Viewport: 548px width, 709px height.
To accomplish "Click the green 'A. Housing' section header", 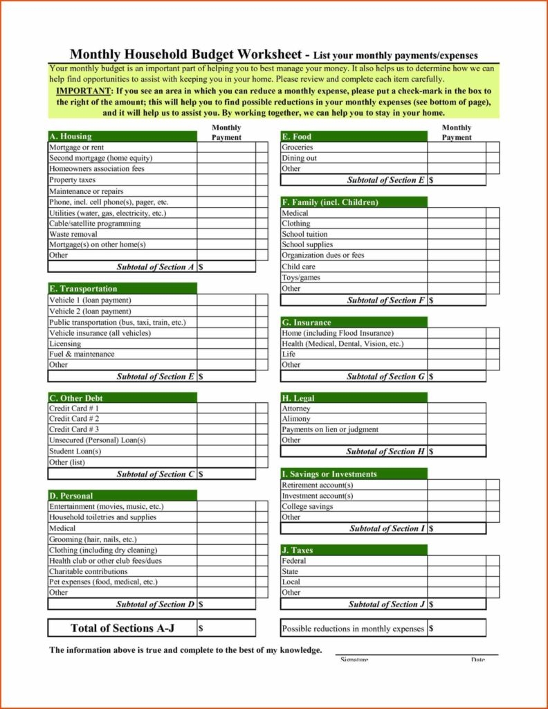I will click(x=122, y=136).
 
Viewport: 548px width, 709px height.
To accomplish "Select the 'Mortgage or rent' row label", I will click(x=76, y=147).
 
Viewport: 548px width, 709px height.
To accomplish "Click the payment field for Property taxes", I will click(x=226, y=180).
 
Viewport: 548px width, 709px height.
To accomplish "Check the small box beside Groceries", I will click(x=492, y=147).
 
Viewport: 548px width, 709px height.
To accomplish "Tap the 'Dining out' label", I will click(x=299, y=158).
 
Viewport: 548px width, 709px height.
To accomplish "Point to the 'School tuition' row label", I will click(x=304, y=234).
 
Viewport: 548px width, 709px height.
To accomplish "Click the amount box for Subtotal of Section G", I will click(x=457, y=377).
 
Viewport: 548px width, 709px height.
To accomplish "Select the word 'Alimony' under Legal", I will click(x=296, y=419).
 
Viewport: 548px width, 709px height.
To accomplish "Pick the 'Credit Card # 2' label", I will click(x=74, y=419).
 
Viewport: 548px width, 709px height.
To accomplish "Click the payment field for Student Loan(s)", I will click(x=226, y=451).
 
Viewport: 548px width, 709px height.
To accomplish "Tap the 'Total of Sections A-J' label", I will click(x=122, y=628).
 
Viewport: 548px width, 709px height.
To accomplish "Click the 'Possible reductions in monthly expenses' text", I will click(x=353, y=629).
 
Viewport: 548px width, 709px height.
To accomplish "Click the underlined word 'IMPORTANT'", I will click(x=84, y=91).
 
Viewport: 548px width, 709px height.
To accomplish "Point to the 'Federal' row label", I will click(x=294, y=561).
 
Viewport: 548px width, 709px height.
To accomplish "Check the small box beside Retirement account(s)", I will click(x=492, y=485).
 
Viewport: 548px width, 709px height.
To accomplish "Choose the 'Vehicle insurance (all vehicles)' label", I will click(x=100, y=333).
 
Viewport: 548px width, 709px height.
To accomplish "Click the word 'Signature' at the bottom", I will click(x=354, y=659).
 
